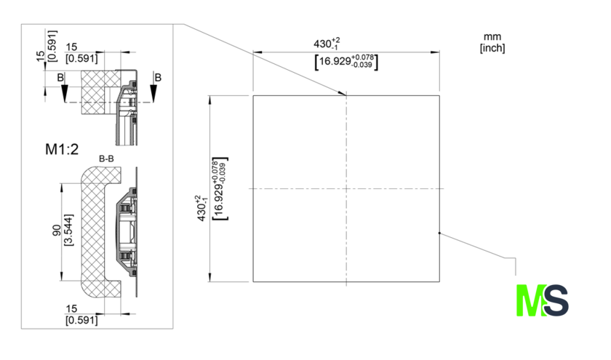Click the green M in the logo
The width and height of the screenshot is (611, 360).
coord(530,300)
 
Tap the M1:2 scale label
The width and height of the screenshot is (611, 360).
coord(62,149)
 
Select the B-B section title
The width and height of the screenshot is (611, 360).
coord(106,159)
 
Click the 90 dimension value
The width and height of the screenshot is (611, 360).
coord(57,231)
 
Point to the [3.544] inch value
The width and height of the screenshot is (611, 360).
coord(68,230)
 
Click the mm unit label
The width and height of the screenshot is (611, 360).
coord(492,36)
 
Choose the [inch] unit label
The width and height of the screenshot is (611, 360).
coord(492,48)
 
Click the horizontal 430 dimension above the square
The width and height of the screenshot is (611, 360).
coord(327,43)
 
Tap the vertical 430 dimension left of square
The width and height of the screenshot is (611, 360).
coord(202,208)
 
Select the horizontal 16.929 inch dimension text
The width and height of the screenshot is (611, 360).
coord(346,62)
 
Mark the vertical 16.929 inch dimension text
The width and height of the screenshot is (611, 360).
coord(220,189)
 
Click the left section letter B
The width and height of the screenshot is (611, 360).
coord(60,78)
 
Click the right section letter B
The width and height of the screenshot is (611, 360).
coord(158,78)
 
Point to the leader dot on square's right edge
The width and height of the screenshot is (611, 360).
coord(439,233)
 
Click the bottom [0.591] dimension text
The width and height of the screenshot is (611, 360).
coord(81,320)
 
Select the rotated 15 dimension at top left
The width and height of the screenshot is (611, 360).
coord(41,56)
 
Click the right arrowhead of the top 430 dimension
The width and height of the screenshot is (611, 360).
coord(435,52)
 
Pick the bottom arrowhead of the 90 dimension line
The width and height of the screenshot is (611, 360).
coord(61,276)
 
